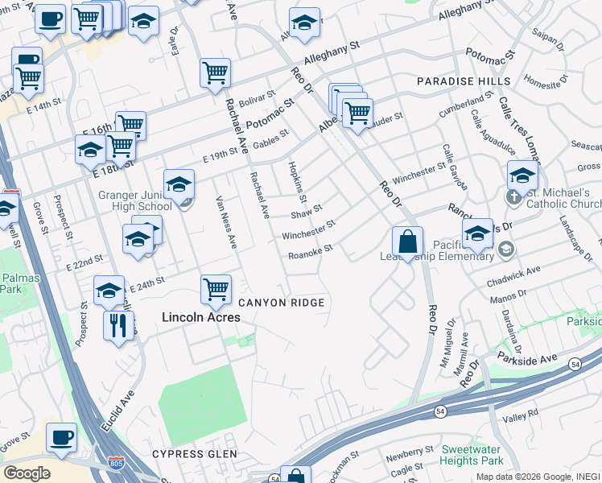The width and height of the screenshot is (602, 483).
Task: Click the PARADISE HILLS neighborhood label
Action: tap(463, 82)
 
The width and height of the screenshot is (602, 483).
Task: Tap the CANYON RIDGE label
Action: tap(282, 303)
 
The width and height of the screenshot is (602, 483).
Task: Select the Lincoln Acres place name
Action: tap(201, 317)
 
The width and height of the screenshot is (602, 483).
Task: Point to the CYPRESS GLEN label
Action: tap(196, 454)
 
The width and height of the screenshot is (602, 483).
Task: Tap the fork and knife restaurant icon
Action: tap(118, 325)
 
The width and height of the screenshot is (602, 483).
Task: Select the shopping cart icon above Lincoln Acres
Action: tap(216, 289)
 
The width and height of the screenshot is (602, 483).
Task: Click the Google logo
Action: tap(27, 473)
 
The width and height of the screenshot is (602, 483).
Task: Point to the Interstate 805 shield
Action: tap(115, 464)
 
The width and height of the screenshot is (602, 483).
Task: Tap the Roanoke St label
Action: tap(310, 254)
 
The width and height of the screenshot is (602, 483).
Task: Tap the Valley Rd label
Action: tap(520, 419)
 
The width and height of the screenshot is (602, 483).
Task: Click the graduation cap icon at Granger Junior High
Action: tap(179, 184)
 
